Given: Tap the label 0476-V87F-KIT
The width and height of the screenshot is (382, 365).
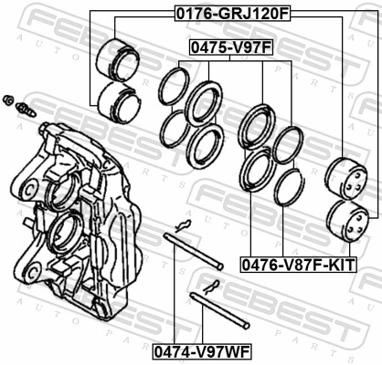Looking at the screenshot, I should point(298,264).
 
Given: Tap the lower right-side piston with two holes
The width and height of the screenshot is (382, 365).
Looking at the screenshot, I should point(349,221).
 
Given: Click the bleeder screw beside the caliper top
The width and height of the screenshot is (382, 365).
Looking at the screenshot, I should point(27,110).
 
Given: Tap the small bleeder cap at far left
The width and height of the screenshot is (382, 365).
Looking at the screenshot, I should point(8,99).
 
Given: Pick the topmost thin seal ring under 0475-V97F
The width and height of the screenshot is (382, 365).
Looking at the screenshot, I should point(174,87).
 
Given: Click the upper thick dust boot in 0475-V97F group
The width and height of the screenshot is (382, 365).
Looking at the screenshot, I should point(204,103).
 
